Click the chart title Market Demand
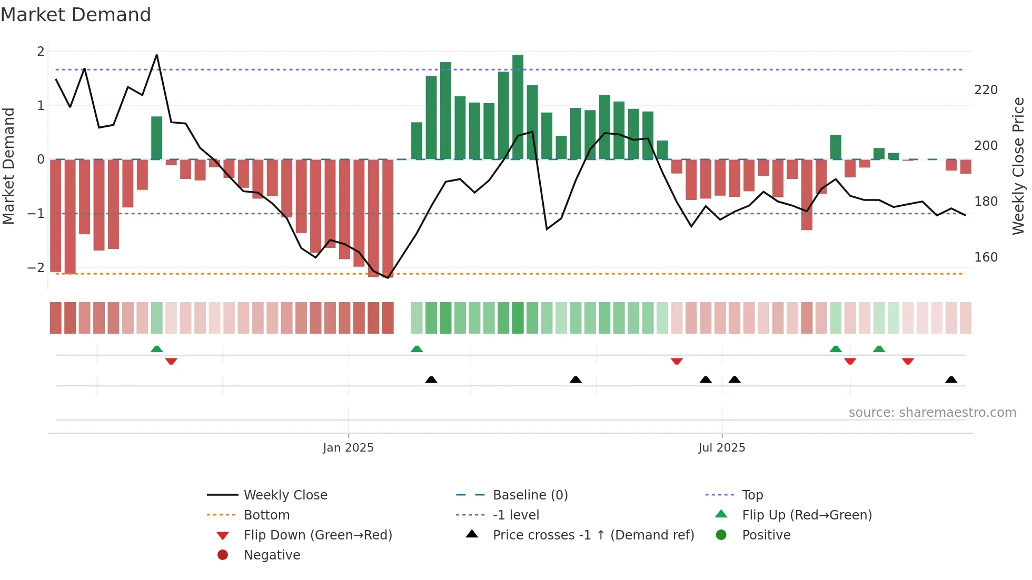point(76,15)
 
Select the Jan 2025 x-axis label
point(348,448)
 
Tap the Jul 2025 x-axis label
point(721,448)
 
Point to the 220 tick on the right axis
point(986,90)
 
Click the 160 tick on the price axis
point(986,257)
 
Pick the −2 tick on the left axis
point(36,268)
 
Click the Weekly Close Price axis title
point(1018,166)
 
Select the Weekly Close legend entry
point(285,495)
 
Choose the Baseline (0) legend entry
point(530,495)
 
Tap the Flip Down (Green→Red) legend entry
point(317,535)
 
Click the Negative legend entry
point(272,555)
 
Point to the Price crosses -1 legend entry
point(593,535)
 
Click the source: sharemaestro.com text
point(932,413)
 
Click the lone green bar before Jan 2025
point(156,138)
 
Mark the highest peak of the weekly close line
point(156,55)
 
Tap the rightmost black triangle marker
point(951,379)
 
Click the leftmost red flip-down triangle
point(171,361)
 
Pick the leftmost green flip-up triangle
point(156,348)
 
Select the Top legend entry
point(752,495)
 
